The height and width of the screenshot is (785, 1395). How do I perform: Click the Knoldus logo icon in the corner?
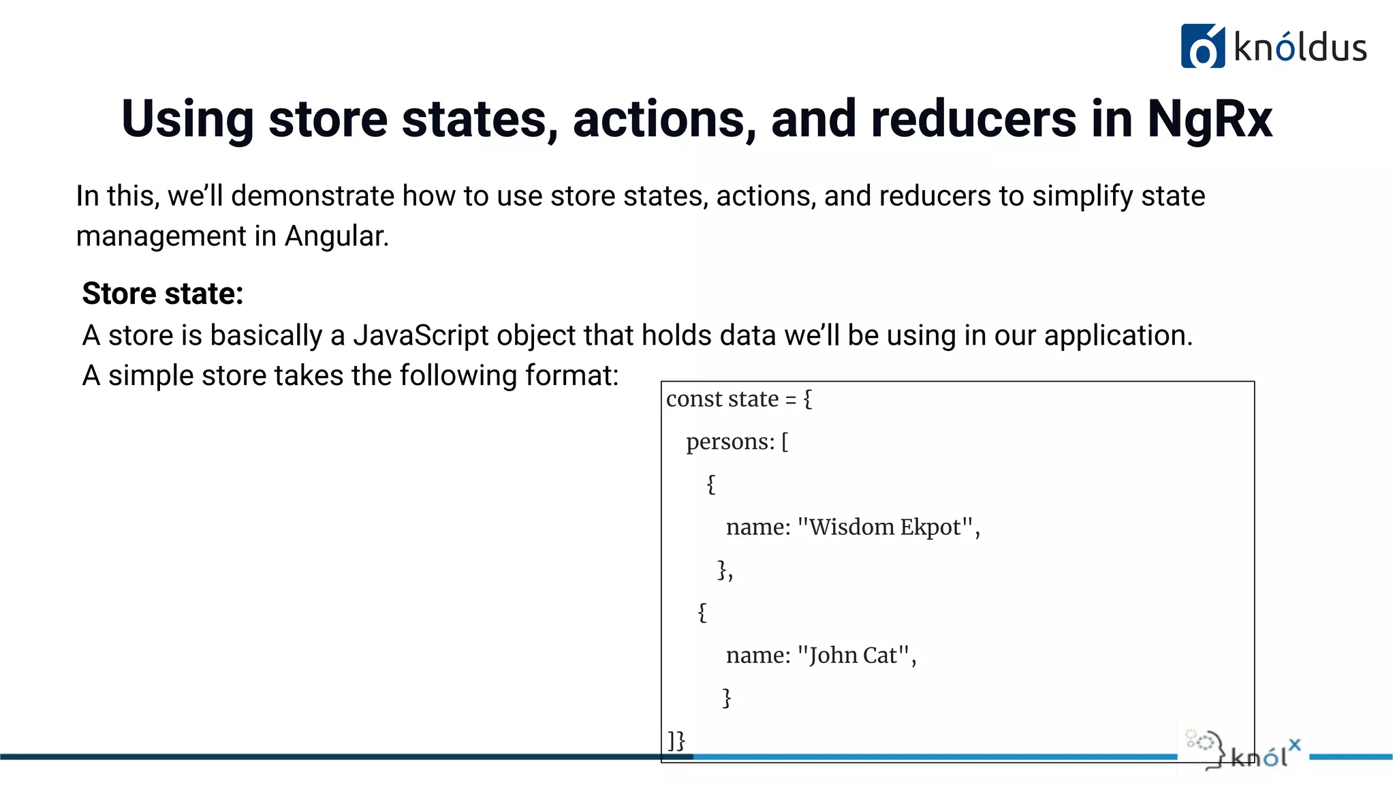[x=1202, y=46]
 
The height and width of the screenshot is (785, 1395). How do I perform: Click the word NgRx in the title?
[x=1209, y=119]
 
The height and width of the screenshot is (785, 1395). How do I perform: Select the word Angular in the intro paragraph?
[x=335, y=236]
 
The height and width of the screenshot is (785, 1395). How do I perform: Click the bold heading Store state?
[x=163, y=294]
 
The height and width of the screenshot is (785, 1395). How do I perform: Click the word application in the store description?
[x=1116, y=335]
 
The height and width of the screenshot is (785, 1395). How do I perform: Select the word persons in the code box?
[x=729, y=442]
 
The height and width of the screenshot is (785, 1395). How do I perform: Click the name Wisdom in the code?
[x=851, y=527]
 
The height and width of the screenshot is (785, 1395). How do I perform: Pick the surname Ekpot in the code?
[x=930, y=527]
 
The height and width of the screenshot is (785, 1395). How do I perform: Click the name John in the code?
[x=832, y=655]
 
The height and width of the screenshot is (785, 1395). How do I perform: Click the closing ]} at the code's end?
[x=676, y=740]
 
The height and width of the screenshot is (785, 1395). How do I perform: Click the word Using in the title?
[x=187, y=119]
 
